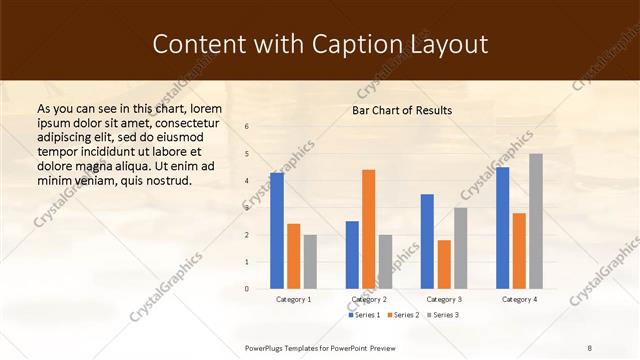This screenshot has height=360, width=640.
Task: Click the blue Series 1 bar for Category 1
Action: click(x=277, y=231)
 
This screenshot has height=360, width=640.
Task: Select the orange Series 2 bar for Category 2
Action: click(x=368, y=229)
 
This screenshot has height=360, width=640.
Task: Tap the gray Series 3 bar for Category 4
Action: click(x=536, y=221)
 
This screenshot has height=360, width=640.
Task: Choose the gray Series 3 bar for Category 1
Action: click(x=310, y=262)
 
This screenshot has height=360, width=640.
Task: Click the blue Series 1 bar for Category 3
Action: click(x=427, y=241)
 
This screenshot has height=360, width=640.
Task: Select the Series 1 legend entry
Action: click(x=365, y=315)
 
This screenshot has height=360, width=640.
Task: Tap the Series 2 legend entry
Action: click(x=404, y=315)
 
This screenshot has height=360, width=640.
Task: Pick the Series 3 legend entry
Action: click(x=443, y=315)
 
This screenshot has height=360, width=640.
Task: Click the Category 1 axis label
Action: click(x=294, y=299)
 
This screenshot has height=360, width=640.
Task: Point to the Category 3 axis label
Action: click(x=444, y=299)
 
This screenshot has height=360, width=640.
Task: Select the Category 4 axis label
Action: click(x=519, y=299)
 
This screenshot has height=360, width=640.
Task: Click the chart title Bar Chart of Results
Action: click(x=402, y=110)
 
